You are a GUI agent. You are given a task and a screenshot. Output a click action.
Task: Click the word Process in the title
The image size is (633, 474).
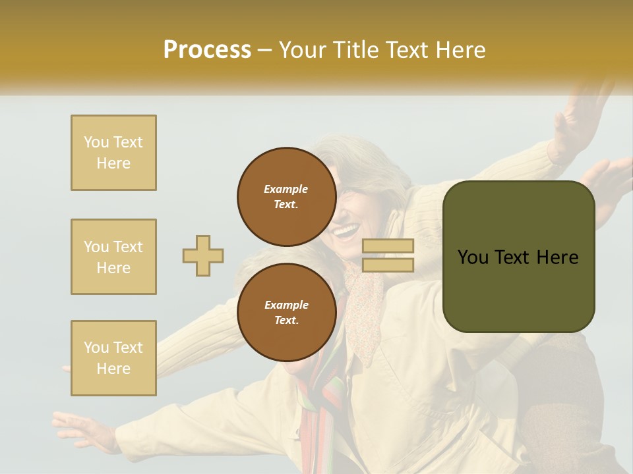(207, 50)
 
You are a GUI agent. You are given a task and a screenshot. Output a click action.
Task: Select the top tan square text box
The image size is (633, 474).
(113, 153)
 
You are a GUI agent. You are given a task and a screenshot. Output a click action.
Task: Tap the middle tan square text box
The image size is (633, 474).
(113, 257)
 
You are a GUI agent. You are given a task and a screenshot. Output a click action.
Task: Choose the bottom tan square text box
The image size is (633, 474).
(113, 358)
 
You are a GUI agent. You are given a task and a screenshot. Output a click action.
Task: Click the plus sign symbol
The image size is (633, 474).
(203, 255)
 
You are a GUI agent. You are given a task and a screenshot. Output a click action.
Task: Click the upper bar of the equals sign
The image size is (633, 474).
(388, 246)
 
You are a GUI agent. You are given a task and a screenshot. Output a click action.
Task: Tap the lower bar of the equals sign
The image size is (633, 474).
(388, 265)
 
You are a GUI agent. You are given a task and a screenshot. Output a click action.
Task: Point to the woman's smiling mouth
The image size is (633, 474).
(346, 230)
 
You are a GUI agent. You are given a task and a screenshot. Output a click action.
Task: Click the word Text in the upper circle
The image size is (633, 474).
(285, 204)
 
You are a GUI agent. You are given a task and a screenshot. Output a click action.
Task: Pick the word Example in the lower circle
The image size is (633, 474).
(286, 305)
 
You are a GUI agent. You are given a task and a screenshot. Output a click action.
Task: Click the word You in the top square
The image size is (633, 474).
(95, 142)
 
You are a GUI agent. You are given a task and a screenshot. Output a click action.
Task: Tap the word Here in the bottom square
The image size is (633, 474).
(113, 369)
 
